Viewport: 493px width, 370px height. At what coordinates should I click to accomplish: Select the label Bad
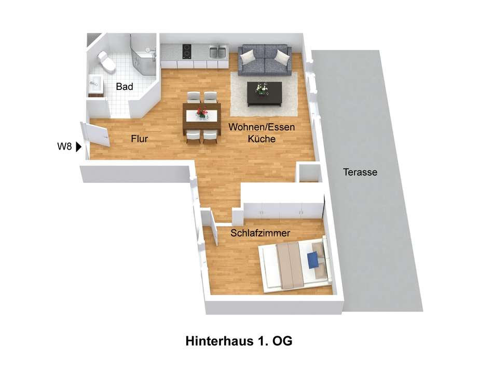click(x=124, y=87)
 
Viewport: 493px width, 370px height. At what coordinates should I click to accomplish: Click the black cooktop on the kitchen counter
click(x=187, y=51)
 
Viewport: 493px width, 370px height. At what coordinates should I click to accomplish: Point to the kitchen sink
click(x=217, y=52)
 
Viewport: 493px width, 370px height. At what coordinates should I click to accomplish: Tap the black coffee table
click(x=265, y=94)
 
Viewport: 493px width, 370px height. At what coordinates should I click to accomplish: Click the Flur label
click(x=140, y=139)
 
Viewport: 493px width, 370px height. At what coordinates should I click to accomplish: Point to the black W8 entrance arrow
click(x=78, y=147)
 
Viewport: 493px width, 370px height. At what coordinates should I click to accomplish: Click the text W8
click(x=64, y=147)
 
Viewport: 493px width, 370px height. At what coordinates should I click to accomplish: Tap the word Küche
click(x=262, y=139)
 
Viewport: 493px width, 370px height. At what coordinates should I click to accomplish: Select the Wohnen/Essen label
click(x=262, y=127)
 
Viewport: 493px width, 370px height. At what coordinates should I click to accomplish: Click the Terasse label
click(x=360, y=172)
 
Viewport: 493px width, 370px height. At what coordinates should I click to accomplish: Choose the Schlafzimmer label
click(x=260, y=233)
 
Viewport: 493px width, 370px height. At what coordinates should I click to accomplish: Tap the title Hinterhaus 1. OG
click(x=239, y=341)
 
